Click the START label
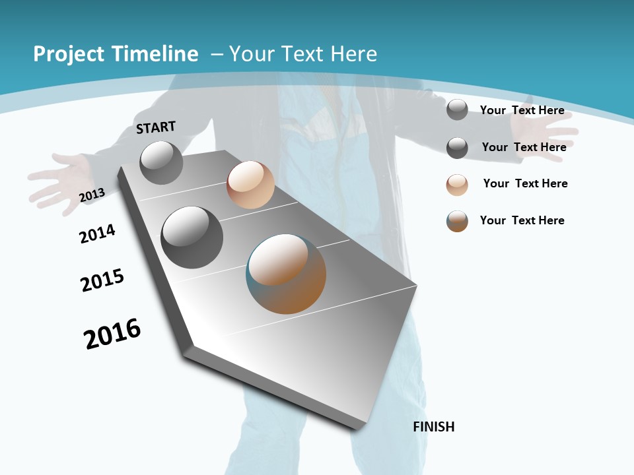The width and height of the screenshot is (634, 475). click(x=156, y=127)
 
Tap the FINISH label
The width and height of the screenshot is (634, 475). click(x=434, y=427)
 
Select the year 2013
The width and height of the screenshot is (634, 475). click(x=92, y=195)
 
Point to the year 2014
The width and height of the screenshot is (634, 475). click(x=97, y=234)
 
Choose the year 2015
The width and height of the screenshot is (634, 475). click(x=102, y=280)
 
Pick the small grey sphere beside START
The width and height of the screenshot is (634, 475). click(x=162, y=162)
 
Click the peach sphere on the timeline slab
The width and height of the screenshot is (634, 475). click(x=250, y=185)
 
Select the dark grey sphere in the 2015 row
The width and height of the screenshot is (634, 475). click(x=192, y=237)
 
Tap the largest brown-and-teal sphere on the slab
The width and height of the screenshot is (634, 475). click(x=286, y=274)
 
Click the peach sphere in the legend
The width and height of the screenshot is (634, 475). click(x=457, y=185)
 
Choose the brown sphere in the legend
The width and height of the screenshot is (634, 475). click(x=457, y=221)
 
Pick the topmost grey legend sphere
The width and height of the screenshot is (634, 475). click(x=457, y=110)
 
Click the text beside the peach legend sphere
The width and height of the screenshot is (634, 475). click(x=525, y=183)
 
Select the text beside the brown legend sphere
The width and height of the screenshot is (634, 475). click(x=522, y=220)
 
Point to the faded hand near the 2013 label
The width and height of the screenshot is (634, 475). click(x=59, y=179)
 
